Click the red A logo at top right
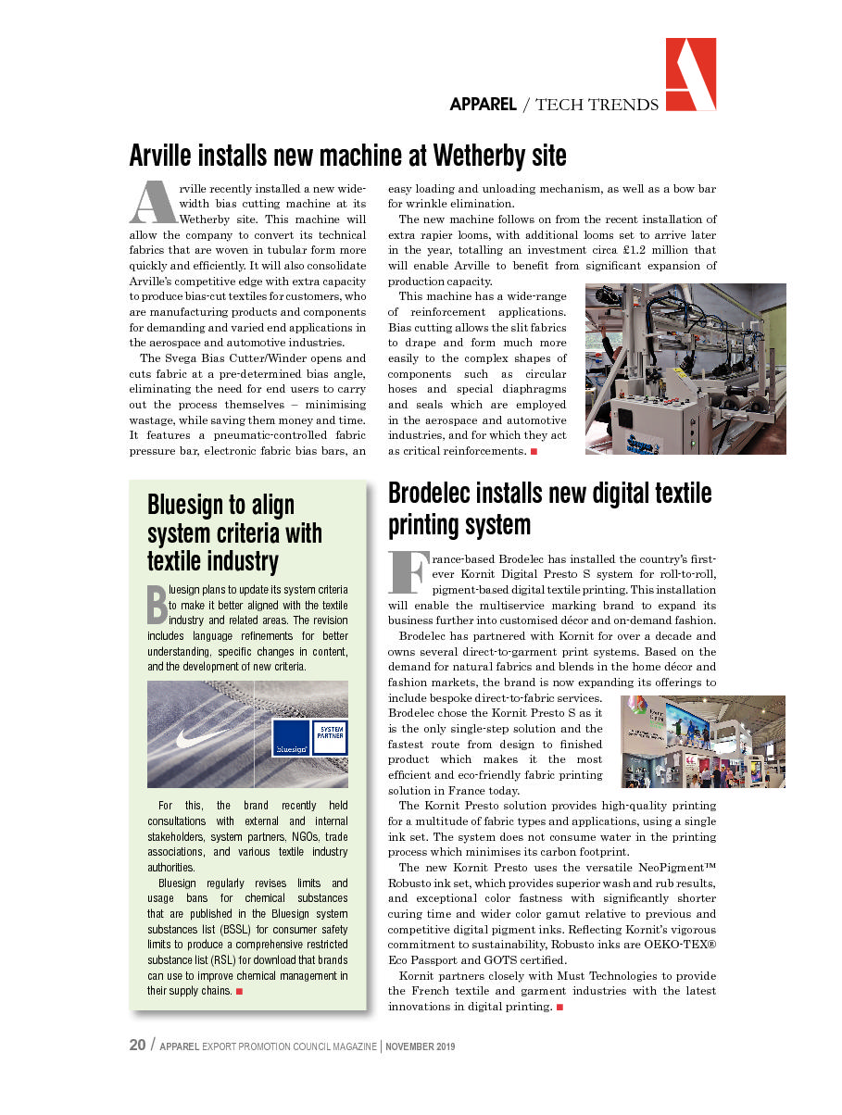690,75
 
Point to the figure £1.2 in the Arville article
627,250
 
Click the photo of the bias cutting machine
685,369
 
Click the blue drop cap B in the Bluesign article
156,603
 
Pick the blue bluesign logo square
291,738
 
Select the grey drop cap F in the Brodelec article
407,573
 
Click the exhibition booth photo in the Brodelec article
702,742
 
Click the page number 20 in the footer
137,1045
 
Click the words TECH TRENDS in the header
597,105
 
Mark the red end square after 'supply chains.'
239,992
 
